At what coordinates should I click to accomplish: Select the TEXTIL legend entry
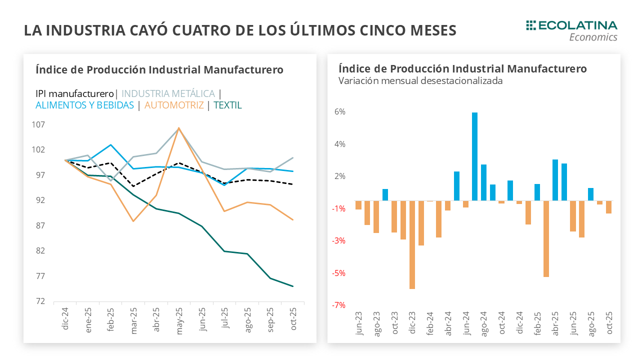(227, 105)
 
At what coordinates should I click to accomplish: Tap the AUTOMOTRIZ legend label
(174, 105)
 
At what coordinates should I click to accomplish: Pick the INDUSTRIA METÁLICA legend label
(168, 93)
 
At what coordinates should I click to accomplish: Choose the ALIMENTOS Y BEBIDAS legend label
(84, 105)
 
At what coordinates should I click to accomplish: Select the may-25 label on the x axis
(178, 320)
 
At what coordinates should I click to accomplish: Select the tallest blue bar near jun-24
(474, 156)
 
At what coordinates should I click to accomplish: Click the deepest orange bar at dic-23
(412, 244)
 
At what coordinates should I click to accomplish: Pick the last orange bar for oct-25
(608, 207)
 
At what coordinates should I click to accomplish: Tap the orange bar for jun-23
(358, 205)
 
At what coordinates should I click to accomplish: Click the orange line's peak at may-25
(178, 128)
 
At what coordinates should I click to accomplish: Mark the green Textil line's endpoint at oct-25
(292, 286)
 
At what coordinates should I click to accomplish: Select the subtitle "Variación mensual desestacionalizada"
(420, 80)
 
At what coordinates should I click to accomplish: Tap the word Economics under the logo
(593, 37)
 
